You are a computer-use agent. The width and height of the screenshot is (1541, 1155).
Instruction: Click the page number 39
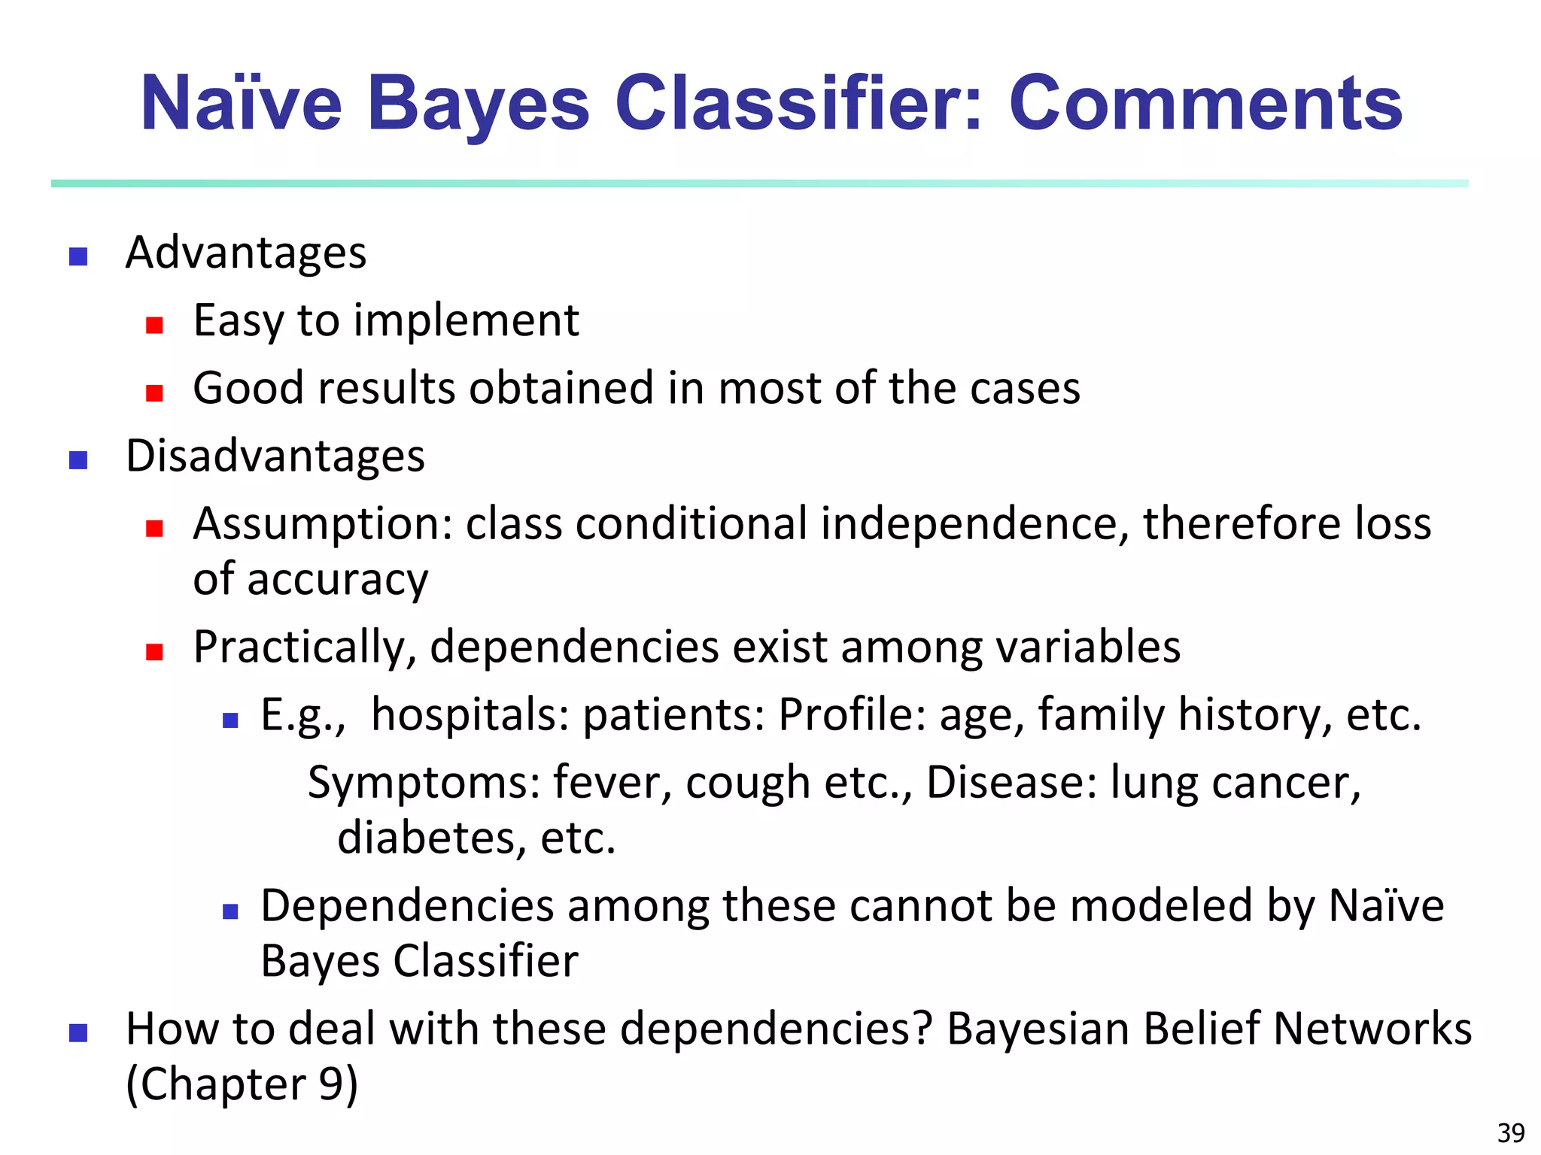pos(1511,1132)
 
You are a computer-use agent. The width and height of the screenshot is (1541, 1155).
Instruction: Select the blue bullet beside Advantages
pos(78,257)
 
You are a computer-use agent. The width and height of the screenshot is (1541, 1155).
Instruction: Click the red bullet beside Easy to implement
pos(155,325)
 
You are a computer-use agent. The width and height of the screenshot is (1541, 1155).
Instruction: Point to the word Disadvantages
pos(275,456)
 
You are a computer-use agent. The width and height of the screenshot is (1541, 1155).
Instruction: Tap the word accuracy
pos(337,581)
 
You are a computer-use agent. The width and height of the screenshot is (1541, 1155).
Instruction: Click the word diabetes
pos(431,838)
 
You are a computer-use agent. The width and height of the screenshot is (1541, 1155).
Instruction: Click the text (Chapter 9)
pos(242,1084)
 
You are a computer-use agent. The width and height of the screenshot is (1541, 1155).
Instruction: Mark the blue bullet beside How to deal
pos(78,1032)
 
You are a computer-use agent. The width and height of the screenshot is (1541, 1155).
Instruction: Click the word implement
pos(467,321)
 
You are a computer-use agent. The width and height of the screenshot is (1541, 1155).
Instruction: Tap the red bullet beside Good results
pos(155,393)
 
